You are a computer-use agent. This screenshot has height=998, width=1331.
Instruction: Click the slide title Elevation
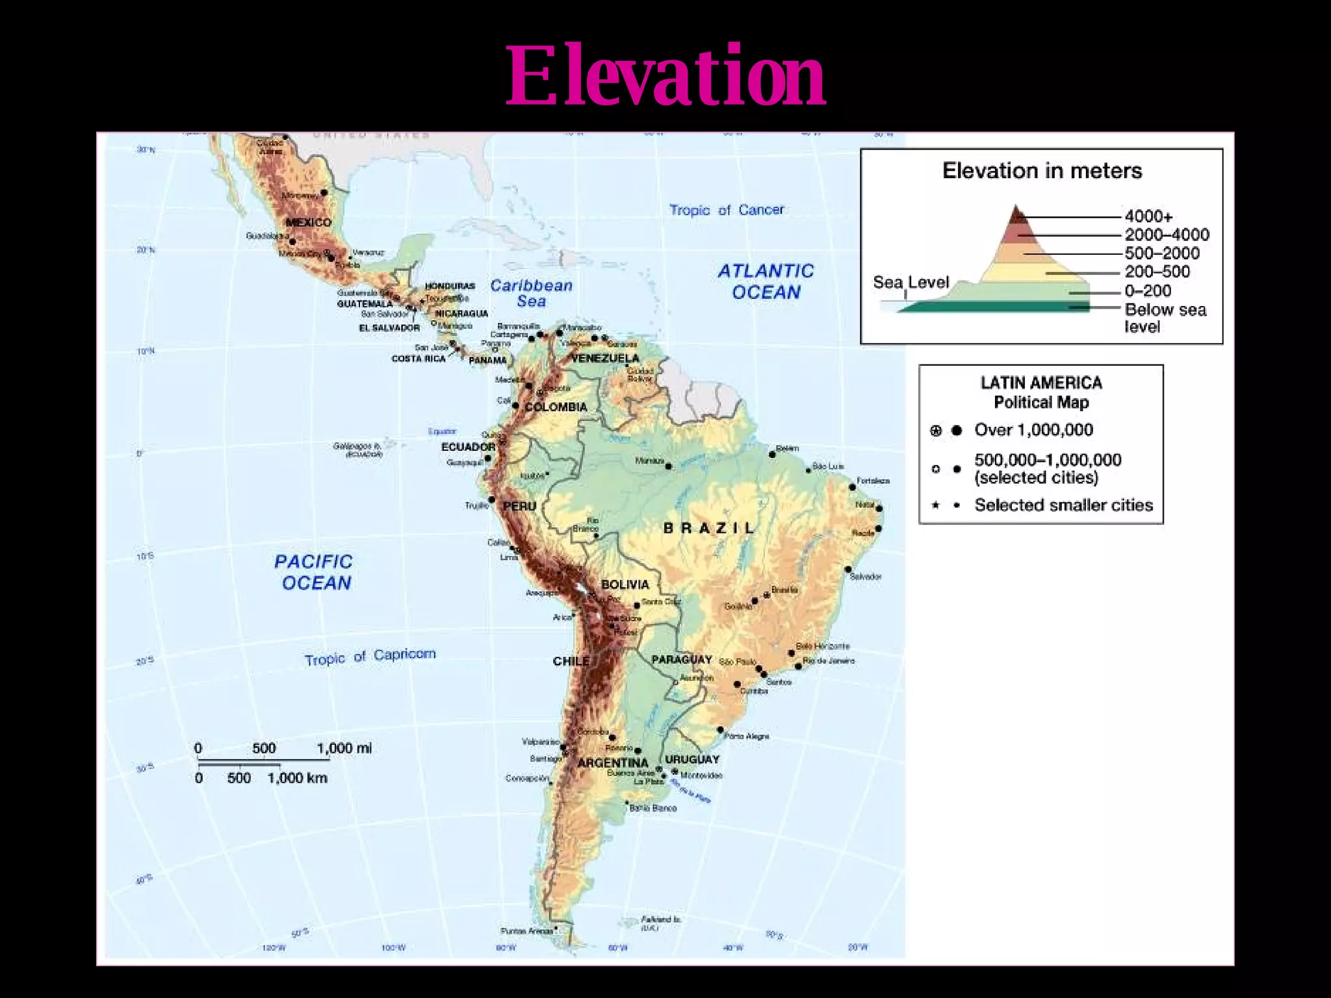tap(665, 76)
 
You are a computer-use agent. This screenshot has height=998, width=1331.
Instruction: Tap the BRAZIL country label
tap(709, 528)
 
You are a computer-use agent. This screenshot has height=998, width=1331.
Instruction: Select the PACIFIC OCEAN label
tap(314, 572)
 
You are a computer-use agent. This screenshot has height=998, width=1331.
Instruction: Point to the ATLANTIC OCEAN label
tap(766, 281)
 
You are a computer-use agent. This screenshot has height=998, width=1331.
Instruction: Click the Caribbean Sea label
tap(531, 293)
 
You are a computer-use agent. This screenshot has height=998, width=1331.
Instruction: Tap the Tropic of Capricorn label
tap(370, 657)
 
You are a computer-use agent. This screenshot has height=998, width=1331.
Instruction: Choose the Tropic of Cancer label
tap(726, 210)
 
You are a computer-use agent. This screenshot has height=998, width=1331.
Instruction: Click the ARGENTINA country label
tap(613, 763)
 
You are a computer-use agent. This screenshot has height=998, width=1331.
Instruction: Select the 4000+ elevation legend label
tap(1148, 216)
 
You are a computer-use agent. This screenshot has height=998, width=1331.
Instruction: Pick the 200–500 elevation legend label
tap(1157, 272)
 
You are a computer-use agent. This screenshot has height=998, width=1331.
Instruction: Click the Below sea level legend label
tap(1165, 318)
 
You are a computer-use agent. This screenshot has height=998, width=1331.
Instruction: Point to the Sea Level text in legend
tap(911, 283)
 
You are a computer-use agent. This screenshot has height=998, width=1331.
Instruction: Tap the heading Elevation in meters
tap(1042, 171)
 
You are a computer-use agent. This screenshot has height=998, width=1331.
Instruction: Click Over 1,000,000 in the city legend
tap(1033, 430)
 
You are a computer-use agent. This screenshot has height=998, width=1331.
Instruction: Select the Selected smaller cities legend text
tap(1063, 505)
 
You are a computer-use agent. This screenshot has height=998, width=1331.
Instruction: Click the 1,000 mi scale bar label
tap(344, 748)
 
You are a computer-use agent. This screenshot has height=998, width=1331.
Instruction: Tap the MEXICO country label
tap(309, 222)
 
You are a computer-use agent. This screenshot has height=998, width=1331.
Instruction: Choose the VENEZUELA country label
tap(605, 359)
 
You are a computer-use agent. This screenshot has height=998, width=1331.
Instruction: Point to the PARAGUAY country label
tap(682, 659)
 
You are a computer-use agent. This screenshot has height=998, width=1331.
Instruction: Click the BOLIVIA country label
tap(625, 584)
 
